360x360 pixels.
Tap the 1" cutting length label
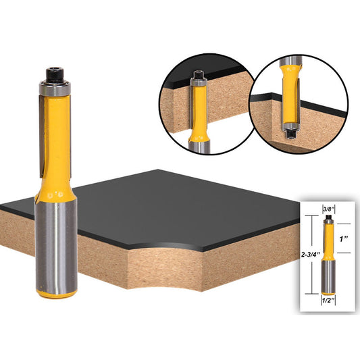[x=344, y=238]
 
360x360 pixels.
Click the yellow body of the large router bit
[x=59, y=142]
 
